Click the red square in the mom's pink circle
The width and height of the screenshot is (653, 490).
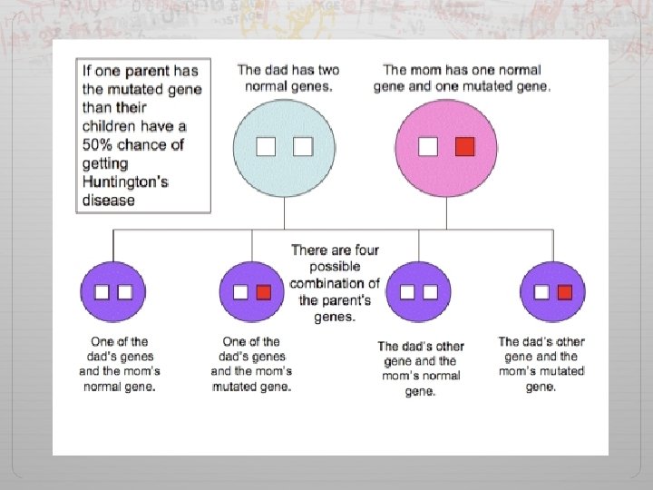pyautogui.click(x=465, y=146)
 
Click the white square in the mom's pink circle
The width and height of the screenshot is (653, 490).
pyautogui.click(x=428, y=146)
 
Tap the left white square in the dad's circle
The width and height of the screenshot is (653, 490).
pyautogui.click(x=266, y=146)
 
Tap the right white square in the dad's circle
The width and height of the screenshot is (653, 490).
pyautogui.click(x=303, y=146)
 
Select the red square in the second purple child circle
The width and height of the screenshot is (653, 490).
pyautogui.click(x=264, y=292)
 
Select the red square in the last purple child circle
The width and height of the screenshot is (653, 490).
pyautogui.click(x=564, y=292)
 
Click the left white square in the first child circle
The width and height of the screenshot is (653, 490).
pyautogui.click(x=102, y=292)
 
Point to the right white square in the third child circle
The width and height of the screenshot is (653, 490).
pyautogui.click(x=430, y=292)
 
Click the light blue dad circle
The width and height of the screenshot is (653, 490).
pyautogui.click(x=285, y=172)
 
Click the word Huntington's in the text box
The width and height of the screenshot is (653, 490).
pyautogui.click(x=125, y=181)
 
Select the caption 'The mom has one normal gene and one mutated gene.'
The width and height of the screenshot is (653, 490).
pyautogui.click(x=467, y=78)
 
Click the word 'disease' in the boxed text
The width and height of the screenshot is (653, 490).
pyautogui.click(x=108, y=200)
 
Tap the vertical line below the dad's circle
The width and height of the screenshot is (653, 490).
pyautogui.click(x=285, y=214)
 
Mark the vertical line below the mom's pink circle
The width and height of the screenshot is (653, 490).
pyautogui.click(x=447, y=214)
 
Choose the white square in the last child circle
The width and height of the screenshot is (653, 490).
pyautogui.click(x=541, y=292)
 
